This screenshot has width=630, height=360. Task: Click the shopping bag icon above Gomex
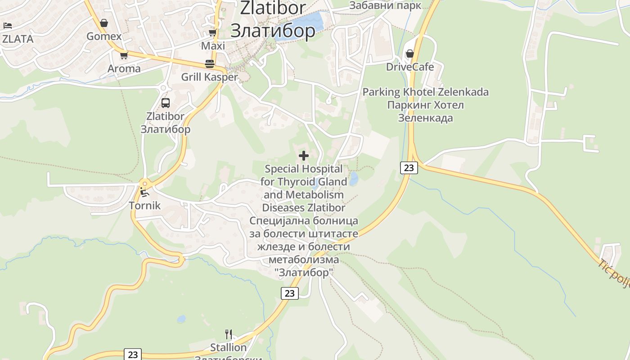click(x=104, y=23)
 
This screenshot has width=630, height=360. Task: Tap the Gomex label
click(x=104, y=36)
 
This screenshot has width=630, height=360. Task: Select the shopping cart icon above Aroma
click(x=124, y=55)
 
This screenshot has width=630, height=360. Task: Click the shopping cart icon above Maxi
click(x=213, y=33)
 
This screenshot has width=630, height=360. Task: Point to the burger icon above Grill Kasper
click(x=209, y=63)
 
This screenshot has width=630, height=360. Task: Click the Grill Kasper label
click(x=209, y=77)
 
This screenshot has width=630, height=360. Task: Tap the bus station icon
click(x=166, y=103)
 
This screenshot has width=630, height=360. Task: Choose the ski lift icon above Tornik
click(x=144, y=193)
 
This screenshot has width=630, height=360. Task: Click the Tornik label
click(x=144, y=206)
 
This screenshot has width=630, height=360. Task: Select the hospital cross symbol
click(x=304, y=156)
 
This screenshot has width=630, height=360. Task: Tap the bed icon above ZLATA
click(x=7, y=26)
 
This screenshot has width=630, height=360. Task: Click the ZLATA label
click(x=18, y=39)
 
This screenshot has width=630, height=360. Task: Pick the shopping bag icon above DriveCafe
click(x=409, y=54)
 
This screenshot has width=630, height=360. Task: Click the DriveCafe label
click(x=410, y=67)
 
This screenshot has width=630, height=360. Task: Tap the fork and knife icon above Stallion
click(x=229, y=334)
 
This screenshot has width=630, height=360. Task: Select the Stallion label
click(x=229, y=347)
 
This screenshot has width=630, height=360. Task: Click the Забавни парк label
click(x=385, y=5)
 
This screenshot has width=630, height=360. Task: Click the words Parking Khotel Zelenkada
click(x=425, y=92)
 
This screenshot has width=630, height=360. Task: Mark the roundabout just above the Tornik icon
click(x=144, y=183)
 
